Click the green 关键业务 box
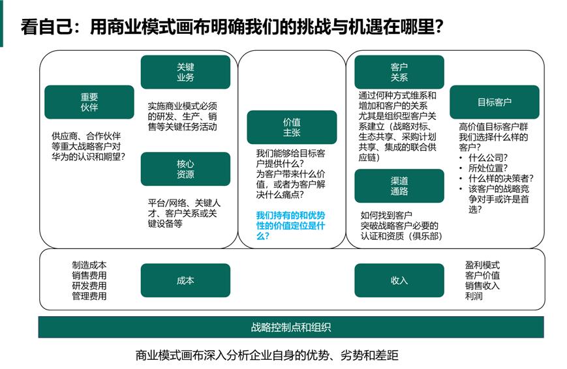point(185,72)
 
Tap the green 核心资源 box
point(185,169)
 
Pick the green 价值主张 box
point(291,127)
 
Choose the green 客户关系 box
point(399,72)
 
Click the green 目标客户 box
point(494,102)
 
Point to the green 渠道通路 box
point(399,186)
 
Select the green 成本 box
point(185,280)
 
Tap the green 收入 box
point(399,280)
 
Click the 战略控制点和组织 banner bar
point(291,327)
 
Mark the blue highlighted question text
point(290,225)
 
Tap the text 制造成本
point(89,265)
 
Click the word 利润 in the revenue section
point(474,296)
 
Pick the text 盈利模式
point(482,265)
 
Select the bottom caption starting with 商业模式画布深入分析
point(266,355)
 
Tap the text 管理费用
point(89,296)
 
